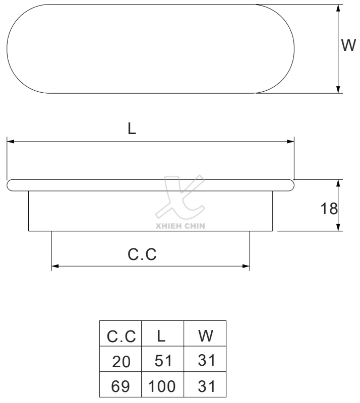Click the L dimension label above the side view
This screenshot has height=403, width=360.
pyautogui.click(x=132, y=129)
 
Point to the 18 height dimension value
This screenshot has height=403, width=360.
pyautogui.click(x=329, y=208)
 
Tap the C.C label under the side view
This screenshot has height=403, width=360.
pyautogui.click(x=142, y=254)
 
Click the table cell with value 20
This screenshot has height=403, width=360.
pyautogui.click(x=121, y=361)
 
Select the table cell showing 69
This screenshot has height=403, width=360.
pyautogui.click(x=121, y=387)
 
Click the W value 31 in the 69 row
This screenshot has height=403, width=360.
pyautogui.click(x=205, y=387)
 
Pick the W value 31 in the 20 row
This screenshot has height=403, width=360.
pyautogui.click(x=205, y=361)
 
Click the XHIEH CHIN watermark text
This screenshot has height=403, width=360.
pyautogui.click(x=181, y=226)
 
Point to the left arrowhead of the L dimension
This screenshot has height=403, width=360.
pyautogui.click(x=10, y=142)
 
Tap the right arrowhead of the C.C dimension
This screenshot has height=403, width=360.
pyautogui.click(x=247, y=265)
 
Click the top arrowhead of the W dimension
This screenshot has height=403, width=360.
pyautogui.click(x=338, y=8)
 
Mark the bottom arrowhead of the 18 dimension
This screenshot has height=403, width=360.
pyautogui.click(x=338, y=228)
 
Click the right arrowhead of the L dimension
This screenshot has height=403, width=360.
pyautogui.click(x=291, y=142)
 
